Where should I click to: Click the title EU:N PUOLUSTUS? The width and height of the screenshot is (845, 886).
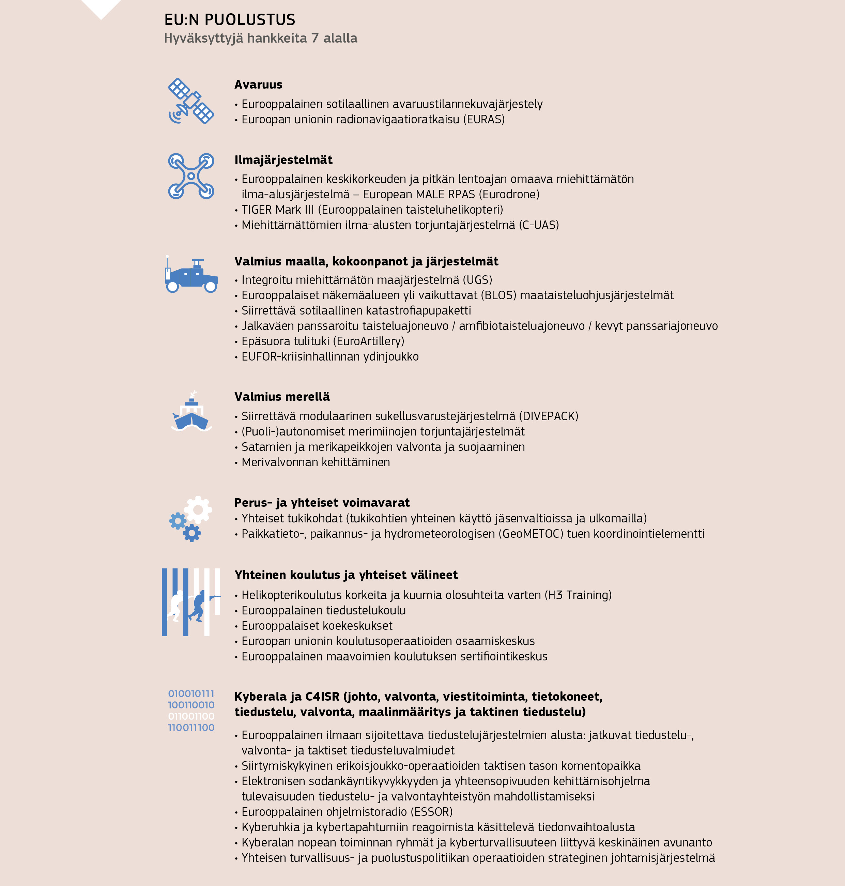tap(229, 20)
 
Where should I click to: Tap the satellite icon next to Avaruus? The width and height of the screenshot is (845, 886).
tap(191, 101)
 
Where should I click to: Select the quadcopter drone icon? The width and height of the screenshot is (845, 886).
tap(191, 176)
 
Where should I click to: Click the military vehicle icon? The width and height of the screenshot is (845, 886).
tap(191, 275)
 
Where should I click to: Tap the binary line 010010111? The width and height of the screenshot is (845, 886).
tap(191, 694)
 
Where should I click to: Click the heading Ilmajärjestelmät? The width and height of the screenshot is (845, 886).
tap(283, 160)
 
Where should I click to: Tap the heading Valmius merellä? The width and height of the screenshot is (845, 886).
tap(282, 397)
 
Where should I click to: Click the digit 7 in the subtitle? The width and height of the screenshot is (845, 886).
tap(315, 38)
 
